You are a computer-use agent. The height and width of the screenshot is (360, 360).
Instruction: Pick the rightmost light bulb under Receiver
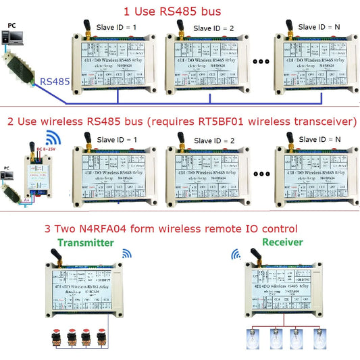315,336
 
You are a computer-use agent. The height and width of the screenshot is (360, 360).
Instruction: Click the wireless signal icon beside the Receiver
236,255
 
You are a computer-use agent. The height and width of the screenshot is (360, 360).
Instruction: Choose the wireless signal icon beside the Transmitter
125,255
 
